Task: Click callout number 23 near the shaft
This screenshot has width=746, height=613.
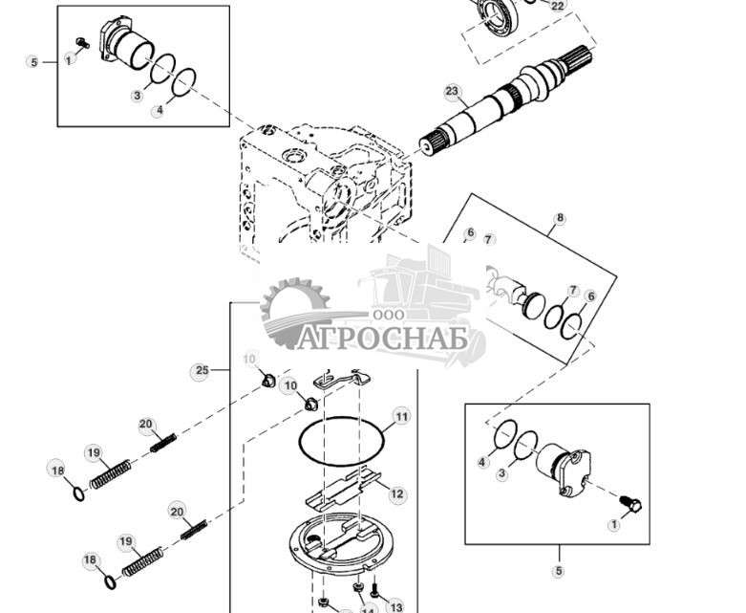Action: [x=452, y=92]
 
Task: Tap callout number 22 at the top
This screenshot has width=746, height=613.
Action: [x=557, y=6]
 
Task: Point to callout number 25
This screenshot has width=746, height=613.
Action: [x=202, y=370]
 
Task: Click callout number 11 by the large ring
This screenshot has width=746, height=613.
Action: [x=401, y=416]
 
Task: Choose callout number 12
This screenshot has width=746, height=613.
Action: [x=396, y=494]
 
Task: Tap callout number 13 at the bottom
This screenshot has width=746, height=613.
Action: [x=395, y=606]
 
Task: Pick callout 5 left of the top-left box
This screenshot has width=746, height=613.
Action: [x=33, y=62]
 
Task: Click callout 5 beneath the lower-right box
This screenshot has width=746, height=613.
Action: [x=559, y=571]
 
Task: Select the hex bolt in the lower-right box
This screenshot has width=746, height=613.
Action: [x=631, y=502]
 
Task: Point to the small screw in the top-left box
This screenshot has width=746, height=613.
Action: [x=83, y=42]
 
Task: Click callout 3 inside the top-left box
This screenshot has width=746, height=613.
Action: [x=137, y=95]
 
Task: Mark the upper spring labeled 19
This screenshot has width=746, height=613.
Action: [x=111, y=471]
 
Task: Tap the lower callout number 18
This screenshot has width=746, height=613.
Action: [x=90, y=559]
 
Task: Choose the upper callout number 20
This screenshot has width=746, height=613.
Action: [x=146, y=425]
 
